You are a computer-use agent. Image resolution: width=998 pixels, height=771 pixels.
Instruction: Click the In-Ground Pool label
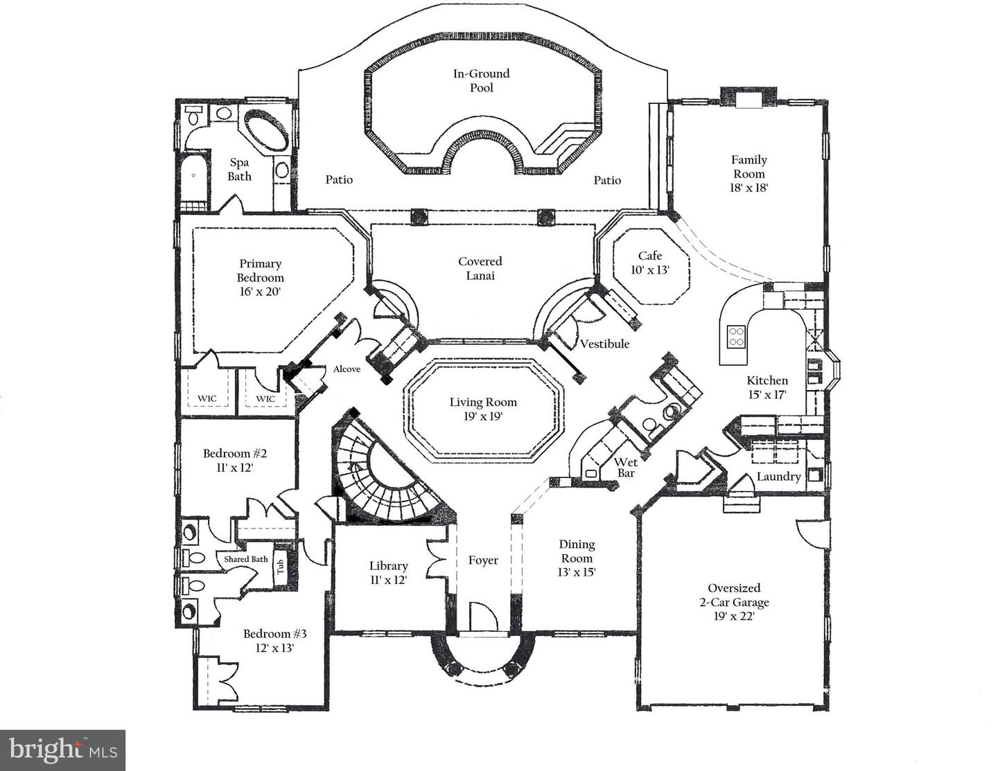coord(482,80)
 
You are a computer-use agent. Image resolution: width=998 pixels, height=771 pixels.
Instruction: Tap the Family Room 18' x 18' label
coord(748,173)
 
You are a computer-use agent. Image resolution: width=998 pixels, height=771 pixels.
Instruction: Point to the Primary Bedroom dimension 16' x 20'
coord(260,292)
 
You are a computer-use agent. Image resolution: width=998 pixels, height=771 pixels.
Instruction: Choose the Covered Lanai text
coord(480,268)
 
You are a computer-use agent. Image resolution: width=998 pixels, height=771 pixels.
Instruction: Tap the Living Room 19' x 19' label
coord(482,409)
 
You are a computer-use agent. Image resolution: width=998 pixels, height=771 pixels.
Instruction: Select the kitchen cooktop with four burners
coord(735,337)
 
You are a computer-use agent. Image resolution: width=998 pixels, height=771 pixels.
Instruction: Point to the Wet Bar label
coord(626,468)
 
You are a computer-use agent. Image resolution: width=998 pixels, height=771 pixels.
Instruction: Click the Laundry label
coord(778,477)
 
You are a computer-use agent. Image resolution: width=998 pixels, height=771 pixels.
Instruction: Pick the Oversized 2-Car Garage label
coord(734,601)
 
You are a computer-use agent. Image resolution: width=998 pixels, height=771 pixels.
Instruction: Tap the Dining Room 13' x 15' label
coord(577,558)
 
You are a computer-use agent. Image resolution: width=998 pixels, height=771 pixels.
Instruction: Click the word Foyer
coord(483,560)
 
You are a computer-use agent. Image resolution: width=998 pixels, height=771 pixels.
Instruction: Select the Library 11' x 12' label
coord(388,573)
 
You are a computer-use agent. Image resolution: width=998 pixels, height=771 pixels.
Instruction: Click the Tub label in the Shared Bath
coord(281,568)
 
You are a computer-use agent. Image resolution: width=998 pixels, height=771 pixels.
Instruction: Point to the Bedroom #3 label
coord(274,641)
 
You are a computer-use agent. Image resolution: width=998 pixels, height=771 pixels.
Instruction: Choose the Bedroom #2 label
coord(234,461)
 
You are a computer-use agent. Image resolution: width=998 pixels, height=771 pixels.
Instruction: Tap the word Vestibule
coord(604,344)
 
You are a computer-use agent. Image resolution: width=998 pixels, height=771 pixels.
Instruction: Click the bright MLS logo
coord(62,750)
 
